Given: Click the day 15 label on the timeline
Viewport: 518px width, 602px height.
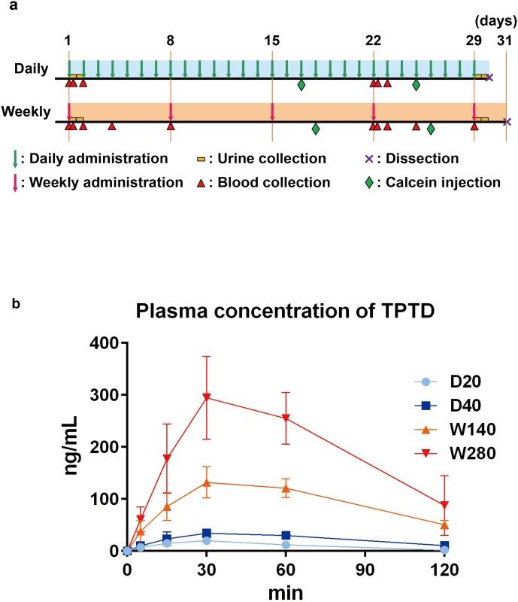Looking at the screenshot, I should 271,42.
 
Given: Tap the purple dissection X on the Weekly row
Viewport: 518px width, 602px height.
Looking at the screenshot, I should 507,122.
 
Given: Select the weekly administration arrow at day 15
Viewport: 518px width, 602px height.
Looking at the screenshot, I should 272,111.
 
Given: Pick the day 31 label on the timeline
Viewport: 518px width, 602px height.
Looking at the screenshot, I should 507,42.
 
